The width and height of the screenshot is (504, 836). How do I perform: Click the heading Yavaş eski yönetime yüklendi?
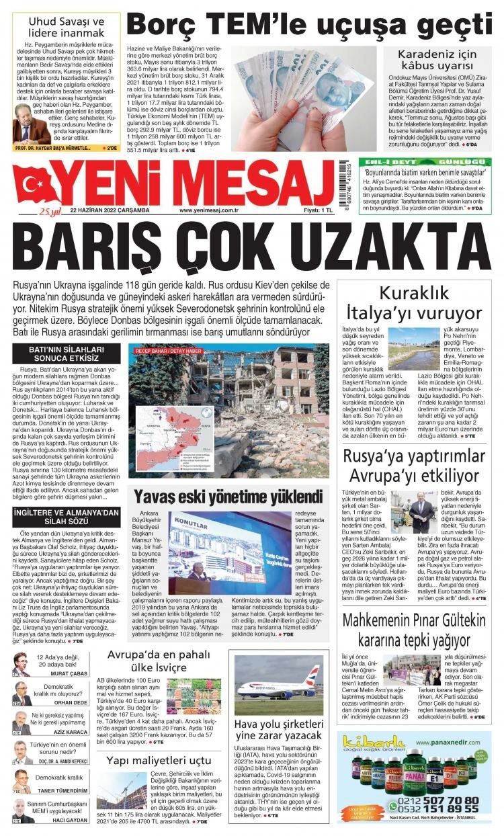(x=228, y=498)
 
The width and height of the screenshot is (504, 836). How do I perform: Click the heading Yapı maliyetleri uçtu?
(x=159, y=760)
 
